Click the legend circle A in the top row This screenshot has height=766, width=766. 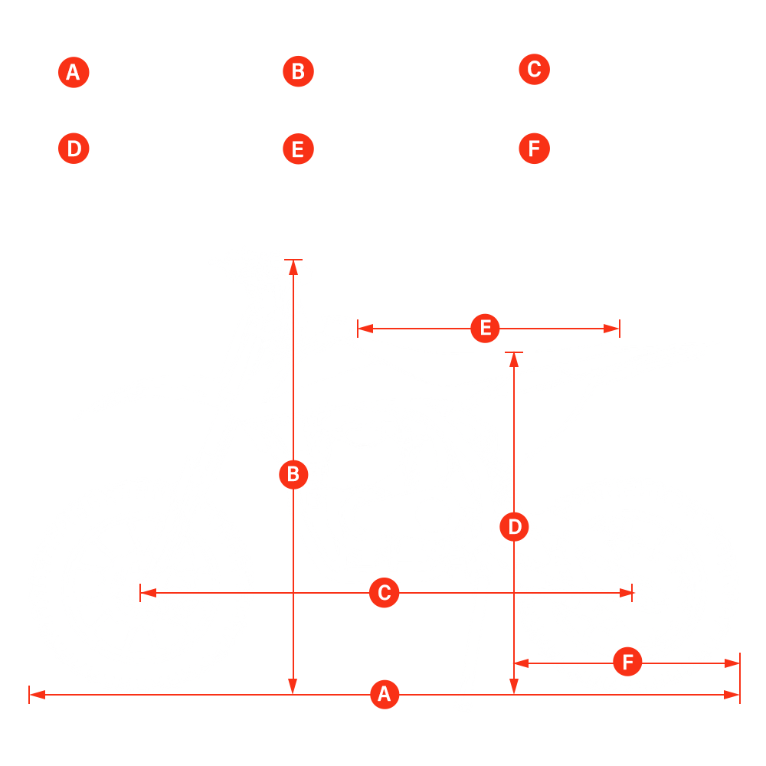click(x=74, y=73)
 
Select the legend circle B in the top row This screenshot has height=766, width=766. click(x=298, y=72)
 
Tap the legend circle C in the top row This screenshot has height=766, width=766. click(x=534, y=70)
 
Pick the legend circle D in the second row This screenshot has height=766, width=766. click(x=74, y=148)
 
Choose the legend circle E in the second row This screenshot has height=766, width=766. click(x=298, y=149)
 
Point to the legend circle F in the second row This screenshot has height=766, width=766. click(x=534, y=148)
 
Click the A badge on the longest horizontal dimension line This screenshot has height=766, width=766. click(x=385, y=695)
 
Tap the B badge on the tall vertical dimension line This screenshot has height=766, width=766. click(x=293, y=475)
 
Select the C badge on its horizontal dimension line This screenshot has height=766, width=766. click(x=385, y=593)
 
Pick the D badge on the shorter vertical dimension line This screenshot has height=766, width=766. click(x=514, y=527)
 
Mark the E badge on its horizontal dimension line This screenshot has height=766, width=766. click(x=485, y=329)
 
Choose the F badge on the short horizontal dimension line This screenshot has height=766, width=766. click(x=627, y=662)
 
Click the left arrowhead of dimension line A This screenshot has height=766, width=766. click(x=35, y=695)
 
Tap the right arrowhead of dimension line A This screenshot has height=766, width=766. click(x=734, y=695)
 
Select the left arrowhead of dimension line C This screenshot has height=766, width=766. click(x=146, y=593)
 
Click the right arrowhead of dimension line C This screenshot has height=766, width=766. click(x=627, y=593)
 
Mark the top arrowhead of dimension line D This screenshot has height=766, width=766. click(x=514, y=358)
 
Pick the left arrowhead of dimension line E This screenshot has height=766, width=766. click(x=364, y=329)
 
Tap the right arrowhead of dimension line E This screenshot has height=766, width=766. click(x=613, y=329)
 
